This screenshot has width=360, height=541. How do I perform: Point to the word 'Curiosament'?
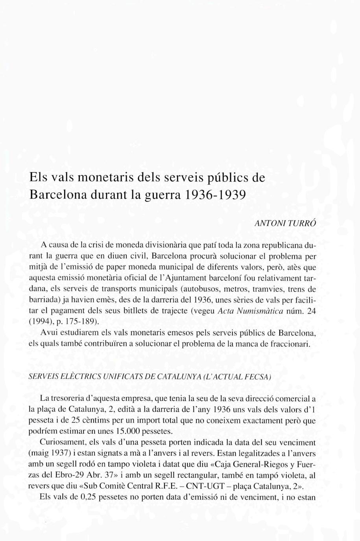coord(61,442)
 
